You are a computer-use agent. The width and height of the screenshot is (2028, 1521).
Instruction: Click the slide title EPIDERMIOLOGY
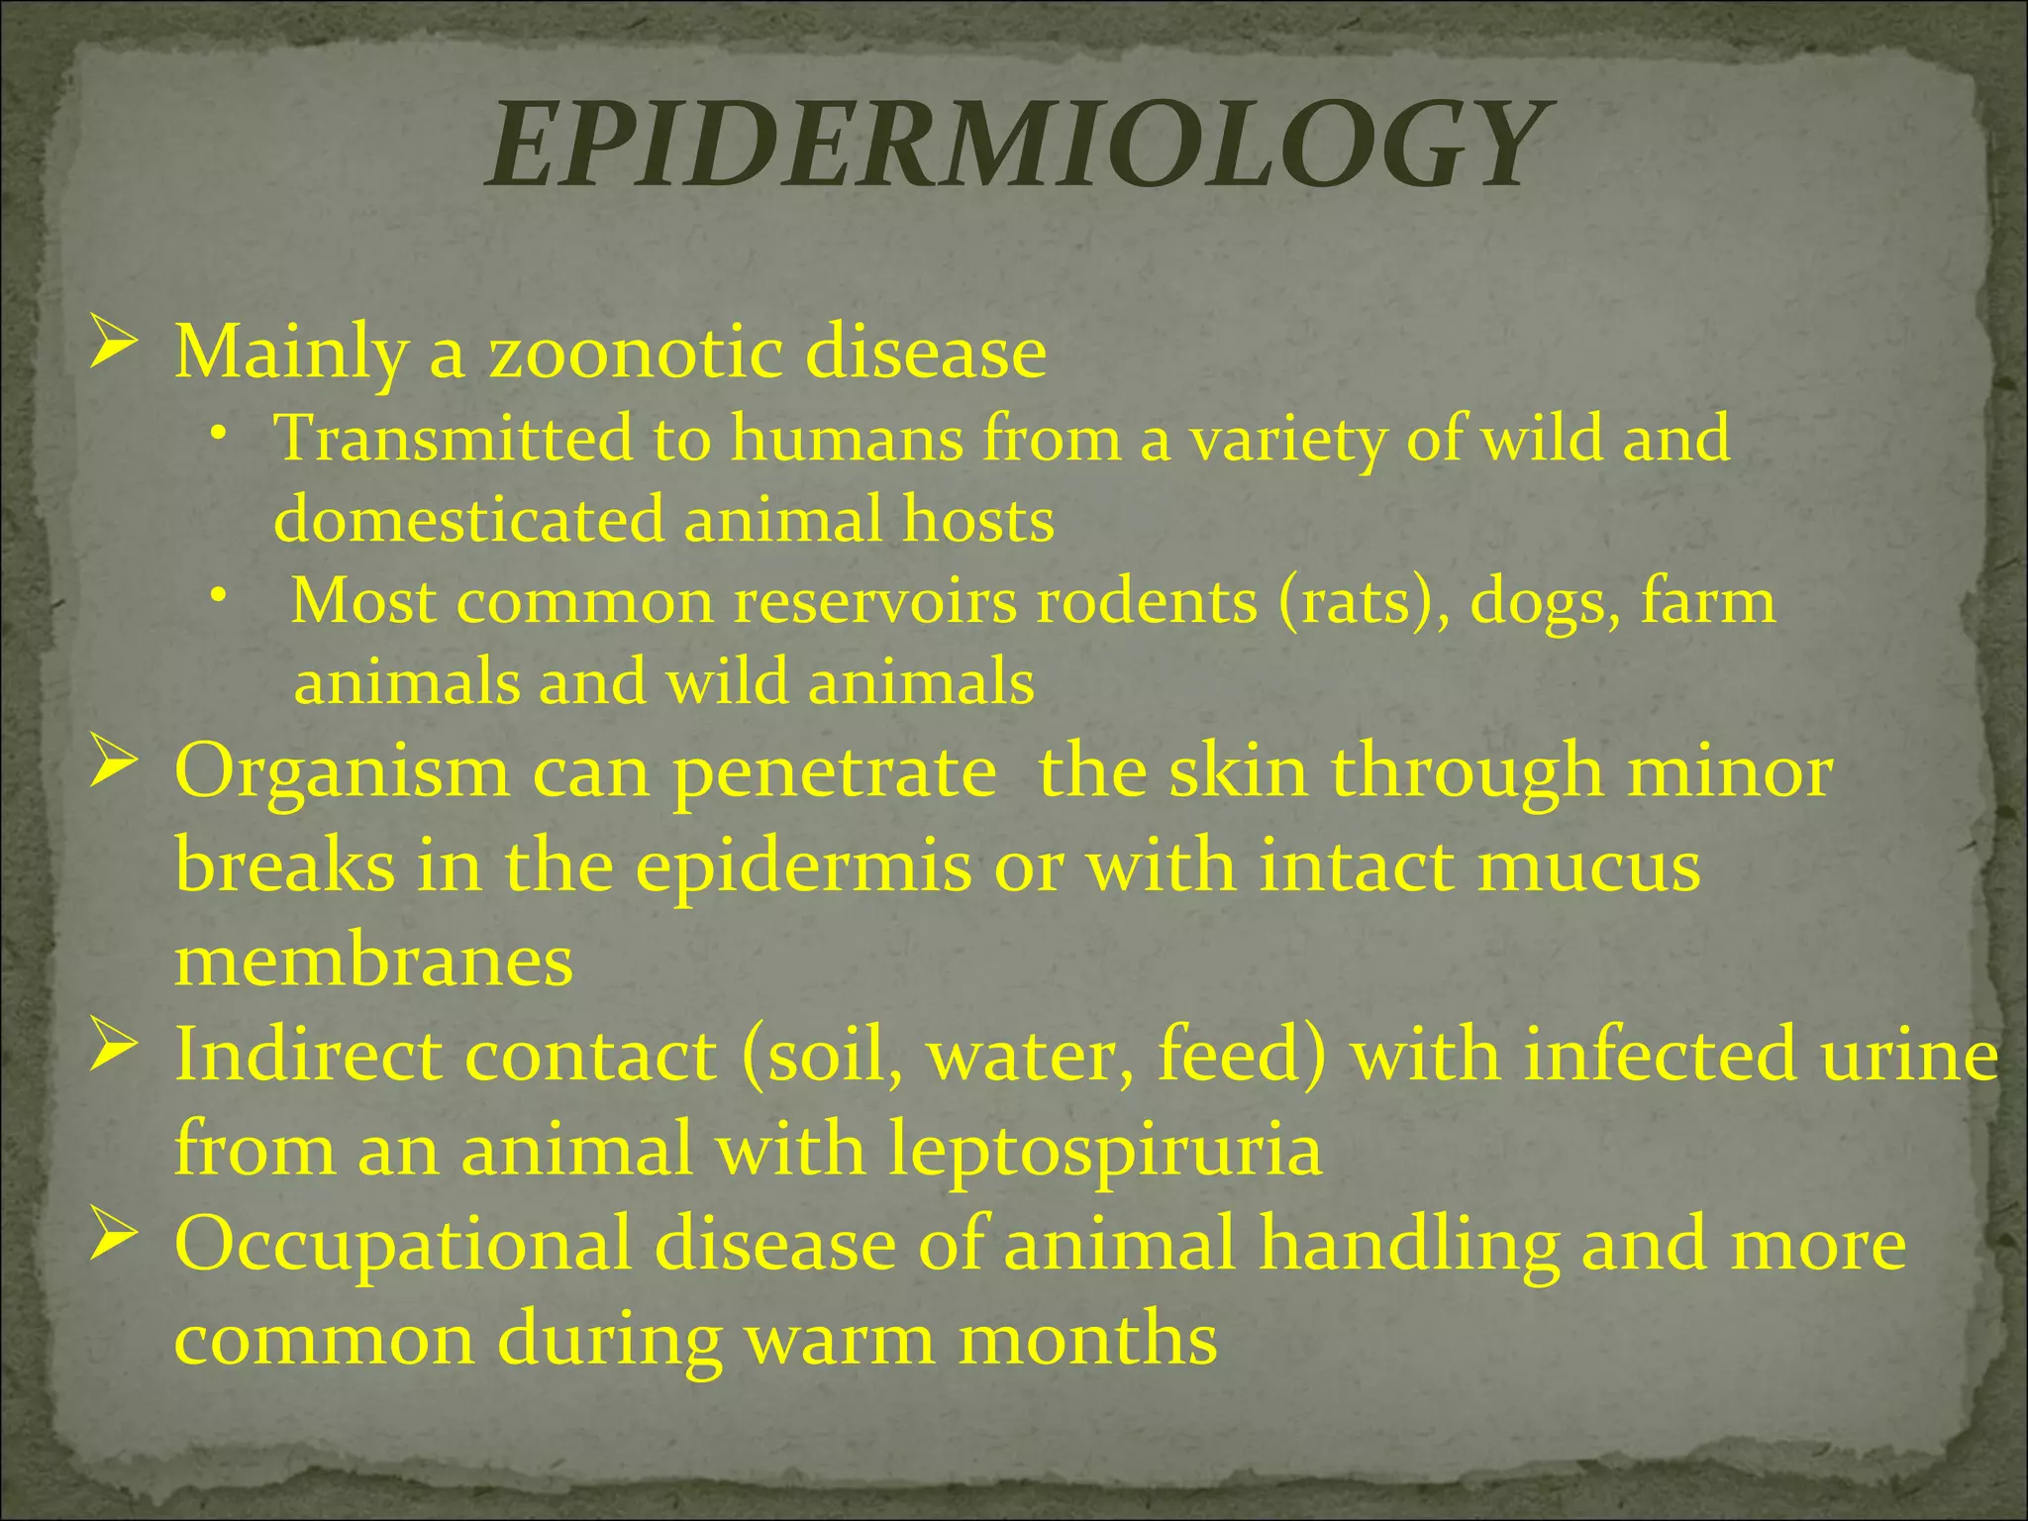[x=1014, y=147]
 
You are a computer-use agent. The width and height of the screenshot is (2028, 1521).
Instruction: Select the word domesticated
[x=468, y=520]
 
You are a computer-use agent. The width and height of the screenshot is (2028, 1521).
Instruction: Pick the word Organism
[x=342, y=772]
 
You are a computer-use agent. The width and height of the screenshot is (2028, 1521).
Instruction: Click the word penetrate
[x=835, y=772]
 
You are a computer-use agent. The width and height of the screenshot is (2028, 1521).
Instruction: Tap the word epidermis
[x=804, y=866]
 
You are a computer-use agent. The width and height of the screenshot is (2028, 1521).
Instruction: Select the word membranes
[x=373, y=960]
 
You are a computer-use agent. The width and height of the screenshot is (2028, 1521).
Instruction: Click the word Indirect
[x=307, y=1055]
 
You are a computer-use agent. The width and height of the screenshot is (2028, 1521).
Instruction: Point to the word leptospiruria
[x=1104, y=1149]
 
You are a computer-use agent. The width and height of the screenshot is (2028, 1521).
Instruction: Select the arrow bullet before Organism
[x=111, y=763]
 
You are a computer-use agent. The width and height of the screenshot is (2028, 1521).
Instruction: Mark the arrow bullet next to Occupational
[x=111, y=1236]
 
